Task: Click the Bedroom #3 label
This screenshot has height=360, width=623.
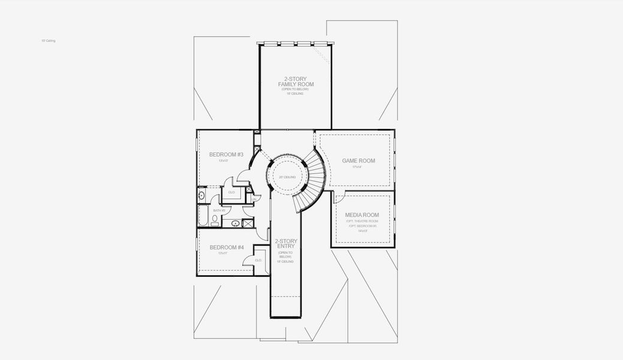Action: tap(226, 155)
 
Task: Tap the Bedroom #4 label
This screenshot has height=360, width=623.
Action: tap(226, 247)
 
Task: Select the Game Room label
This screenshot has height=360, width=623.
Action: tap(359, 161)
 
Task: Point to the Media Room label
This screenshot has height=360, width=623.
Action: tap(362, 215)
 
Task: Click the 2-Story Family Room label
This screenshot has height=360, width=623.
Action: tap(296, 82)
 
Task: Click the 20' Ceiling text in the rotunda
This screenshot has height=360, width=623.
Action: tap(286, 177)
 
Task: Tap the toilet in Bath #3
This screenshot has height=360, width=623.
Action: tap(215, 219)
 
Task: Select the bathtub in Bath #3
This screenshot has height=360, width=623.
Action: tap(202, 217)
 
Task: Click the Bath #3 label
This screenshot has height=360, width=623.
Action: tap(219, 211)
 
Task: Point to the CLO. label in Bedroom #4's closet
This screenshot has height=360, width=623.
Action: tap(258, 260)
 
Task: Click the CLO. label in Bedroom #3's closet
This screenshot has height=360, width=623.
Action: tap(231, 192)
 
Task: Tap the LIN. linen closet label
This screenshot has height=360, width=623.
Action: tap(254, 199)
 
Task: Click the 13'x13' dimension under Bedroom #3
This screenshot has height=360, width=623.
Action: tap(224, 161)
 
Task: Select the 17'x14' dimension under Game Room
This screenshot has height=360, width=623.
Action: tap(357, 167)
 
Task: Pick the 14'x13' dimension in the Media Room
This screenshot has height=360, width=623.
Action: tap(362, 230)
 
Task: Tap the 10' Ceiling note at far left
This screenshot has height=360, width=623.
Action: tap(49, 41)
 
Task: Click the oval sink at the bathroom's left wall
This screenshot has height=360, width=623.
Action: tap(201, 195)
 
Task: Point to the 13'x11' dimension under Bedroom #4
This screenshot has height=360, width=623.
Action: tap(224, 253)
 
